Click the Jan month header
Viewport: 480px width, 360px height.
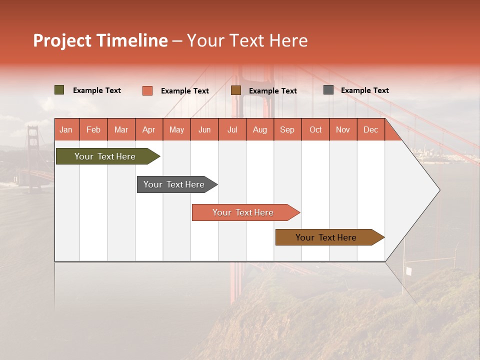(66, 129)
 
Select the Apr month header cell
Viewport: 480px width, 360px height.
(149, 129)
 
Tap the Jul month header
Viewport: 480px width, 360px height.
(232, 129)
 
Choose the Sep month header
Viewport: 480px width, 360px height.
(287, 129)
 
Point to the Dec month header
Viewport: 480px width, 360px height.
(370, 129)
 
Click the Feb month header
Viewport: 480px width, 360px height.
(93, 129)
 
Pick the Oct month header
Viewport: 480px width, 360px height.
(315, 129)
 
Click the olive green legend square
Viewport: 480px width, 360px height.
(59, 90)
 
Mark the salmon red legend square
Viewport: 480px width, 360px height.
(147, 90)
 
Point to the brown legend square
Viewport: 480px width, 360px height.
(236, 90)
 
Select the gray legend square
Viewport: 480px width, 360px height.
(328, 90)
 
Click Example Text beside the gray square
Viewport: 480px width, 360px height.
(364, 90)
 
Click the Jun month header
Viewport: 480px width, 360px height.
(204, 129)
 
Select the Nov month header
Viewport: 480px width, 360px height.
(343, 129)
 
